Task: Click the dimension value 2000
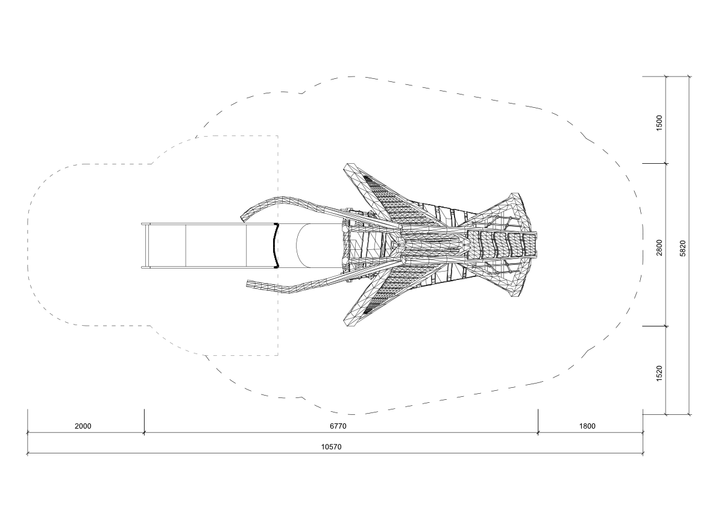(x=83, y=426)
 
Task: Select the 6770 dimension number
(x=338, y=426)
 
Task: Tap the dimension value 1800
(x=588, y=426)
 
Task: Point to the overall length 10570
(x=331, y=447)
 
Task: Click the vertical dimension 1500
(x=660, y=123)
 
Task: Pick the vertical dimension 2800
(x=660, y=247)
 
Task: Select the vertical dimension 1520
(x=660, y=373)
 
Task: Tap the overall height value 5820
(x=683, y=248)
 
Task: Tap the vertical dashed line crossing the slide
(x=278, y=246)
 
